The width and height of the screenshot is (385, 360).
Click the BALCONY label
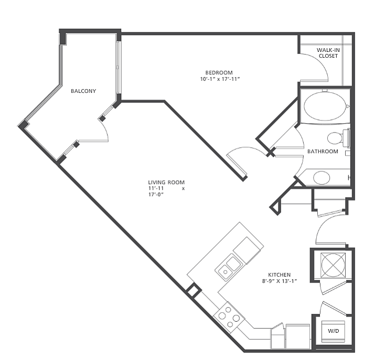point(83,91)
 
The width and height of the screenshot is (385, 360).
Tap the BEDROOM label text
point(219,73)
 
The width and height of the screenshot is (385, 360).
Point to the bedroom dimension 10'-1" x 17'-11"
point(220,79)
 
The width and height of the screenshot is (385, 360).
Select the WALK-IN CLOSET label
point(328,53)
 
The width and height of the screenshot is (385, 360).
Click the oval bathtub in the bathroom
point(325,106)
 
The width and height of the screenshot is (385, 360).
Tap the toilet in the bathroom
point(338,138)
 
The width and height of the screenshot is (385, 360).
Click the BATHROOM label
point(323,151)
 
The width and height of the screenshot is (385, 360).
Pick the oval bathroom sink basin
point(322,178)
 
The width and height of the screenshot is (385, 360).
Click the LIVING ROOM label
point(166,182)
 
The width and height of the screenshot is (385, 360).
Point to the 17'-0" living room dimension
point(156,194)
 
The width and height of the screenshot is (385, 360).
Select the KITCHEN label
point(279,275)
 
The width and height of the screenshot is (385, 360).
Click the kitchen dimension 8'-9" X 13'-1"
point(280,281)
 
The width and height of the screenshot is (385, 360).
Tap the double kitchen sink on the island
point(228,267)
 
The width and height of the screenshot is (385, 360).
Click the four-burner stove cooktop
point(229,317)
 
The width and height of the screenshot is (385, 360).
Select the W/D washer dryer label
point(333,331)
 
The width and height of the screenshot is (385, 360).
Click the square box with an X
point(333,265)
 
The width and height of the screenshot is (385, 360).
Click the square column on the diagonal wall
point(194,290)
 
